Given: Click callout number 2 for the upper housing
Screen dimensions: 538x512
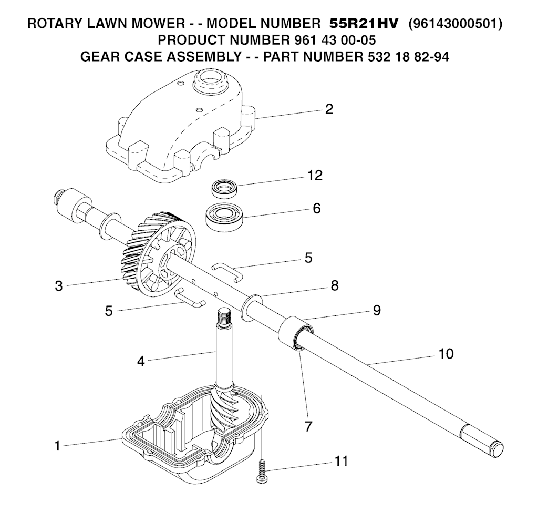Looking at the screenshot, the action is tap(329, 109).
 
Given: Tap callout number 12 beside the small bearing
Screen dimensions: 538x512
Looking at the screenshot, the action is tap(315, 176).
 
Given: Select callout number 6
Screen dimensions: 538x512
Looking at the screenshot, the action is tap(317, 209).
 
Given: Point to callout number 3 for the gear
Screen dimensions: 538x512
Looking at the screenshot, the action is tap(59, 286).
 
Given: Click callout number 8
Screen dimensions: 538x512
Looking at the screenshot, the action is tap(335, 285).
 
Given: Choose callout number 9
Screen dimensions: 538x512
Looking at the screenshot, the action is tap(377, 311).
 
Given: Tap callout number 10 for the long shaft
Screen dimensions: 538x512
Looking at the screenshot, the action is tap(446, 353).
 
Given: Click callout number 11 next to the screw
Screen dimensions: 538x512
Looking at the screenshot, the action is tap(341, 461).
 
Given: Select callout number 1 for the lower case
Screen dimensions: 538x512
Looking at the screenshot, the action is tap(57, 446).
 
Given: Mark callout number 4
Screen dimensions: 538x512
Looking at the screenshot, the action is tap(141, 361).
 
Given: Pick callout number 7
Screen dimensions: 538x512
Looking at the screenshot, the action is tap(308, 426).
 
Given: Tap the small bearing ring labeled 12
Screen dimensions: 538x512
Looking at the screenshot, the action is tap(224, 188).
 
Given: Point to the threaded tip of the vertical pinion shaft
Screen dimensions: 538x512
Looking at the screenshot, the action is tap(225, 316).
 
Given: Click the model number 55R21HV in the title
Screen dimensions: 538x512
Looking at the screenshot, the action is tap(364, 23).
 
